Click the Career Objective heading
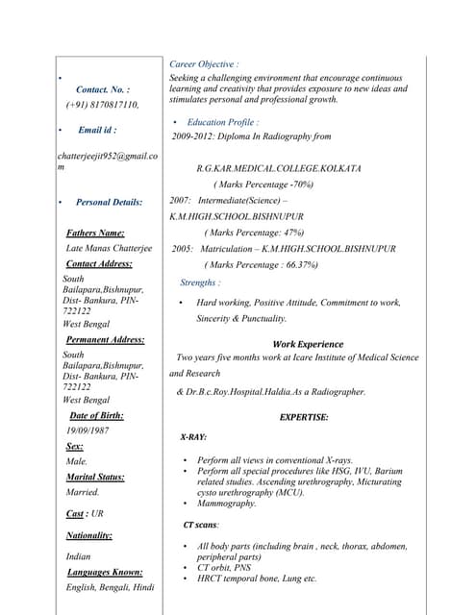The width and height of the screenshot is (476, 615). (204, 64)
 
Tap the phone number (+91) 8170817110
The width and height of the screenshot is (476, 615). (102, 105)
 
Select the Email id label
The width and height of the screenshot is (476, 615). (97, 130)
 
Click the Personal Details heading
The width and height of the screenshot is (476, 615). (109, 203)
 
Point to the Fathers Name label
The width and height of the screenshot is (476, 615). (95, 233)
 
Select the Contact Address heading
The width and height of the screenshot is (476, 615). (99, 263)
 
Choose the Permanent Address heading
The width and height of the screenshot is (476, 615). (105, 340)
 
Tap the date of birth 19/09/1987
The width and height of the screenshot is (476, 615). (88, 430)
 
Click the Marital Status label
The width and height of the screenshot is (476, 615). (95, 477)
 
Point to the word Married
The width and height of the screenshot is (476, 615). (83, 492)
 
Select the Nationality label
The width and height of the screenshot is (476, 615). (88, 535)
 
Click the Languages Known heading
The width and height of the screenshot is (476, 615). (105, 572)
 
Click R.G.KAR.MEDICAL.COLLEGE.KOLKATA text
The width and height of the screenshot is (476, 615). (279, 168)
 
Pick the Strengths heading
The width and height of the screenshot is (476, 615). (200, 283)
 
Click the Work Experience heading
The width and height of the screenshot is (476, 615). (308, 344)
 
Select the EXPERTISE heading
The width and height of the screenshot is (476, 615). (304, 417)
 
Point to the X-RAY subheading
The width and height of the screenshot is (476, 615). (193, 437)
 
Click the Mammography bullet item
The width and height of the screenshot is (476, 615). (227, 504)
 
